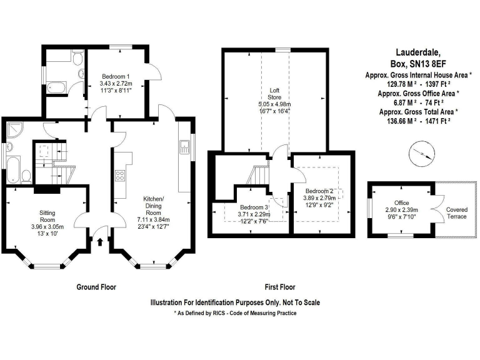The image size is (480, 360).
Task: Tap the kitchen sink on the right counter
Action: pyautogui.click(x=185, y=147)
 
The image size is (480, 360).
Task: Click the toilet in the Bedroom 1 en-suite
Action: pyautogui.click(x=76, y=59)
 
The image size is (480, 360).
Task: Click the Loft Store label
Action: pyautogui.click(x=274, y=94)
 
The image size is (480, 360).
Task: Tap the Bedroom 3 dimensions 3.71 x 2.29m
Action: pyautogui.click(x=257, y=214)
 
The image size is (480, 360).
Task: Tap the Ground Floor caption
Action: pyautogui.click(x=96, y=287)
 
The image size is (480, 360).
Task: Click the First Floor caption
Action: pyautogui.click(x=279, y=287)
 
